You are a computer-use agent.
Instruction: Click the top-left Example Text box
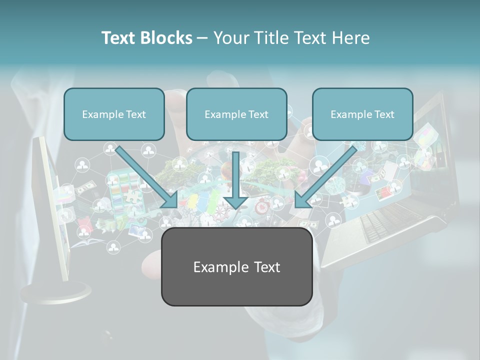coord(114,114)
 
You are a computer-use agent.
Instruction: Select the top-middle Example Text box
coord(236,114)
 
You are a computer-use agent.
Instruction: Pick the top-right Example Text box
coord(362,114)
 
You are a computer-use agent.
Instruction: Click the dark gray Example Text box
coord(236,267)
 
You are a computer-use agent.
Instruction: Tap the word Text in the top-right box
coord(384,114)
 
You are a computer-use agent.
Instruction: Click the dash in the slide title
coord(202,38)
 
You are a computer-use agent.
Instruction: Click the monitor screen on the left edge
coord(50,210)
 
